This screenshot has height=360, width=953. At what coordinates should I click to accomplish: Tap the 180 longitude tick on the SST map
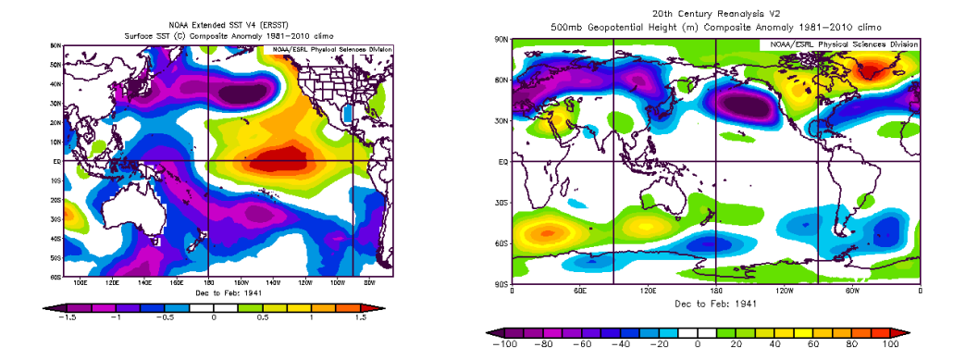(207, 283)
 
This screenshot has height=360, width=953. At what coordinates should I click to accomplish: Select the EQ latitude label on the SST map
(56, 161)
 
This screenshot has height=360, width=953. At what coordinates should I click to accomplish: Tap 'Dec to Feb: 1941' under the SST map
(220, 293)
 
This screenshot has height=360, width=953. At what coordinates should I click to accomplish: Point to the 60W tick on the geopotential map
(852, 291)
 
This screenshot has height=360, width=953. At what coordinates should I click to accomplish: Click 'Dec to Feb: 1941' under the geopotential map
(716, 302)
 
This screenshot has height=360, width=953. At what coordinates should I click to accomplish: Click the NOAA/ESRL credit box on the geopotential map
(840, 44)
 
